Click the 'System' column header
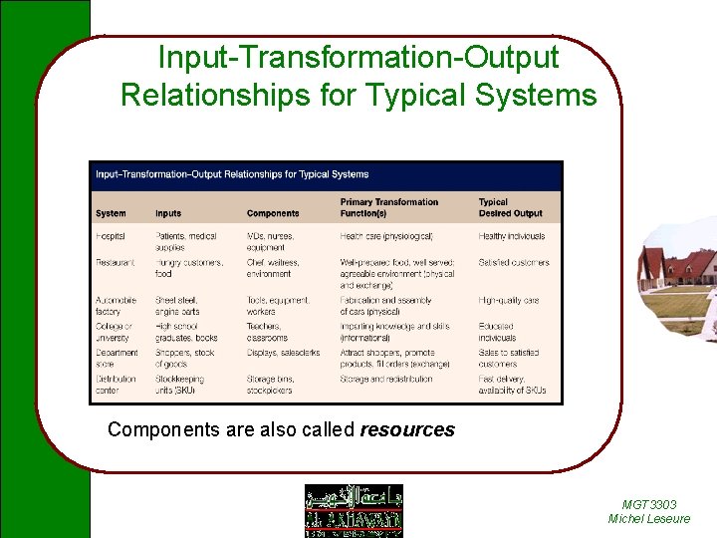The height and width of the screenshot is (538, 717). click(x=111, y=213)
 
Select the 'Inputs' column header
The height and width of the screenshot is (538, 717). click(x=168, y=213)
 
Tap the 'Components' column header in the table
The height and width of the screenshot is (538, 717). click(x=273, y=213)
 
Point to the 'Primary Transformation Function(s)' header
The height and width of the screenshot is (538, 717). click(x=389, y=207)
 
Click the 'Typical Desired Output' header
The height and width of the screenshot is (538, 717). click(x=510, y=207)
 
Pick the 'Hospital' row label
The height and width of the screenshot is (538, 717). click(x=112, y=237)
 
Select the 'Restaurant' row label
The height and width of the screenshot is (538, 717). click(x=115, y=263)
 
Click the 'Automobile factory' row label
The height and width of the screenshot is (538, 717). click(x=118, y=306)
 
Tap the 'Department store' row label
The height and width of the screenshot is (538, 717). click(x=117, y=359)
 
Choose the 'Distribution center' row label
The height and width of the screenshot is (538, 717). click(x=117, y=385)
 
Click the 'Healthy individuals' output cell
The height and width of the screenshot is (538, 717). click(x=512, y=237)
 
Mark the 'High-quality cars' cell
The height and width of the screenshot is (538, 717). click(x=509, y=300)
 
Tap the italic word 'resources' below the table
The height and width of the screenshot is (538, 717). click(x=407, y=430)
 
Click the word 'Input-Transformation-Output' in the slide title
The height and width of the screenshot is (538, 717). click(x=358, y=57)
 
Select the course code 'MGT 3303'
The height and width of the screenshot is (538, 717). click(x=648, y=505)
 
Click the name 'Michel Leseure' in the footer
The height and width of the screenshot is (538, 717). click(x=648, y=519)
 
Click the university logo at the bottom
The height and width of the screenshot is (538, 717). click(x=354, y=510)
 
